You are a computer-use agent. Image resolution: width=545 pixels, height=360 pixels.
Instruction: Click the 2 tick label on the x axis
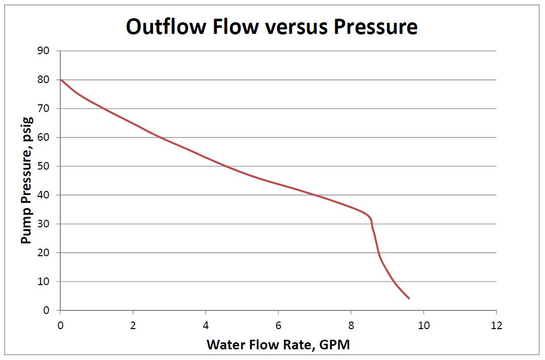pos(133,325)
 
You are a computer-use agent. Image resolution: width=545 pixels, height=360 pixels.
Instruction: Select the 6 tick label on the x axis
pos(278,325)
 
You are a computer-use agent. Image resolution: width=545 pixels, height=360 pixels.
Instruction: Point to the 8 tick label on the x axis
pos(351,325)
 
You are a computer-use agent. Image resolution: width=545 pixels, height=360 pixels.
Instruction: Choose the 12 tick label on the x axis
pos(496,325)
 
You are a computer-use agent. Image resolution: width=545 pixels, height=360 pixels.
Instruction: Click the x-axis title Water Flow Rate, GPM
pos(278,345)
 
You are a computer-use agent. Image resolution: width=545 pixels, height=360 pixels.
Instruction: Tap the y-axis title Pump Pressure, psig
pos(27,181)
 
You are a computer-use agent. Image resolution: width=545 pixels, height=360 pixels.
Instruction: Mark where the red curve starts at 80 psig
pos(61,79)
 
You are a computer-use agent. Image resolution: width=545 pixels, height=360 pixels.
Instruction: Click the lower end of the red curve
pos(409,298)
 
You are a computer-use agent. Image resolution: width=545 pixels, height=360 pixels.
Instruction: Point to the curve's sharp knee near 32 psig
pos(371,219)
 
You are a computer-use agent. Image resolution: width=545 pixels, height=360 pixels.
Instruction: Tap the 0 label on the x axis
pos(60,325)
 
